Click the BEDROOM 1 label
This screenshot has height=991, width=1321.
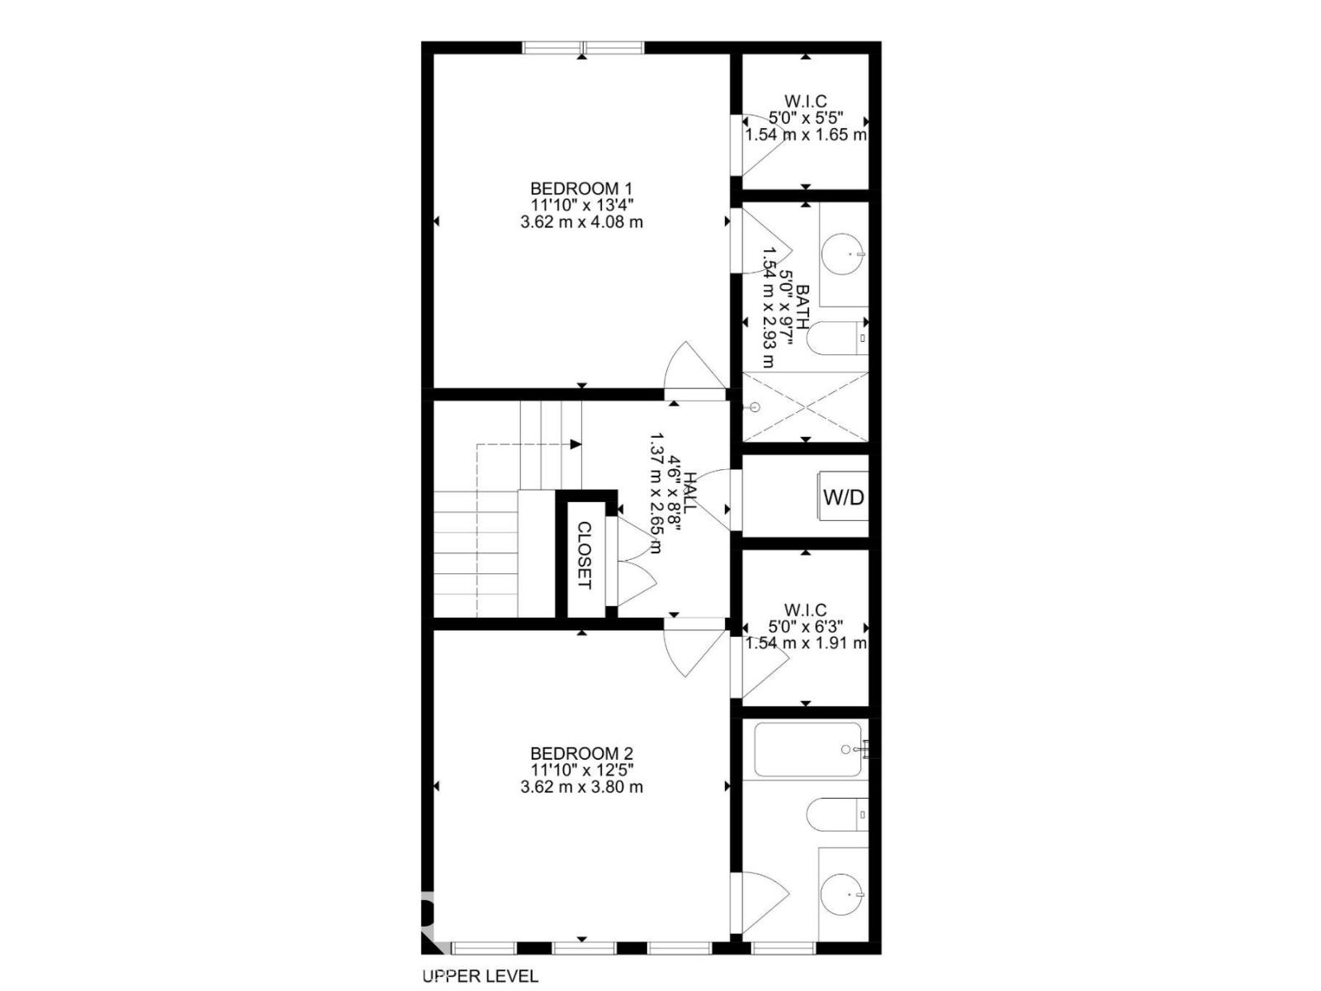pos(581,188)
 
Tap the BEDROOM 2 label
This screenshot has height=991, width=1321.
pos(581,753)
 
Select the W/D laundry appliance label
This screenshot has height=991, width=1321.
pos(843,497)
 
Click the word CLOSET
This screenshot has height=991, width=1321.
pos(585,555)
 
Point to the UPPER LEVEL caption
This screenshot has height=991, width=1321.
pos(481,976)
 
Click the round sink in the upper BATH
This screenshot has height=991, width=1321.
pos(843,254)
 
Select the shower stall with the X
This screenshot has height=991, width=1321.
pos(805,407)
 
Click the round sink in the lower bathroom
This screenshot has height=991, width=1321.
pos(843,894)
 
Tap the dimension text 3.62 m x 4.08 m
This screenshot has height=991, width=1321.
pos(581,222)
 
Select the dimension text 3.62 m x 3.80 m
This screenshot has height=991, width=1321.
pos(581,786)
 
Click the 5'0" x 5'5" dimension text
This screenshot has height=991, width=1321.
pos(806,117)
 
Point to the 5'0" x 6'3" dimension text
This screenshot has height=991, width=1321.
pos(806,626)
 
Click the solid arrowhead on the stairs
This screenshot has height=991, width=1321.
pos(576,444)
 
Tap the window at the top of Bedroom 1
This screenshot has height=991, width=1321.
pos(583,47)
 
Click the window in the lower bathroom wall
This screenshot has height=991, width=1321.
pos(784,948)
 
